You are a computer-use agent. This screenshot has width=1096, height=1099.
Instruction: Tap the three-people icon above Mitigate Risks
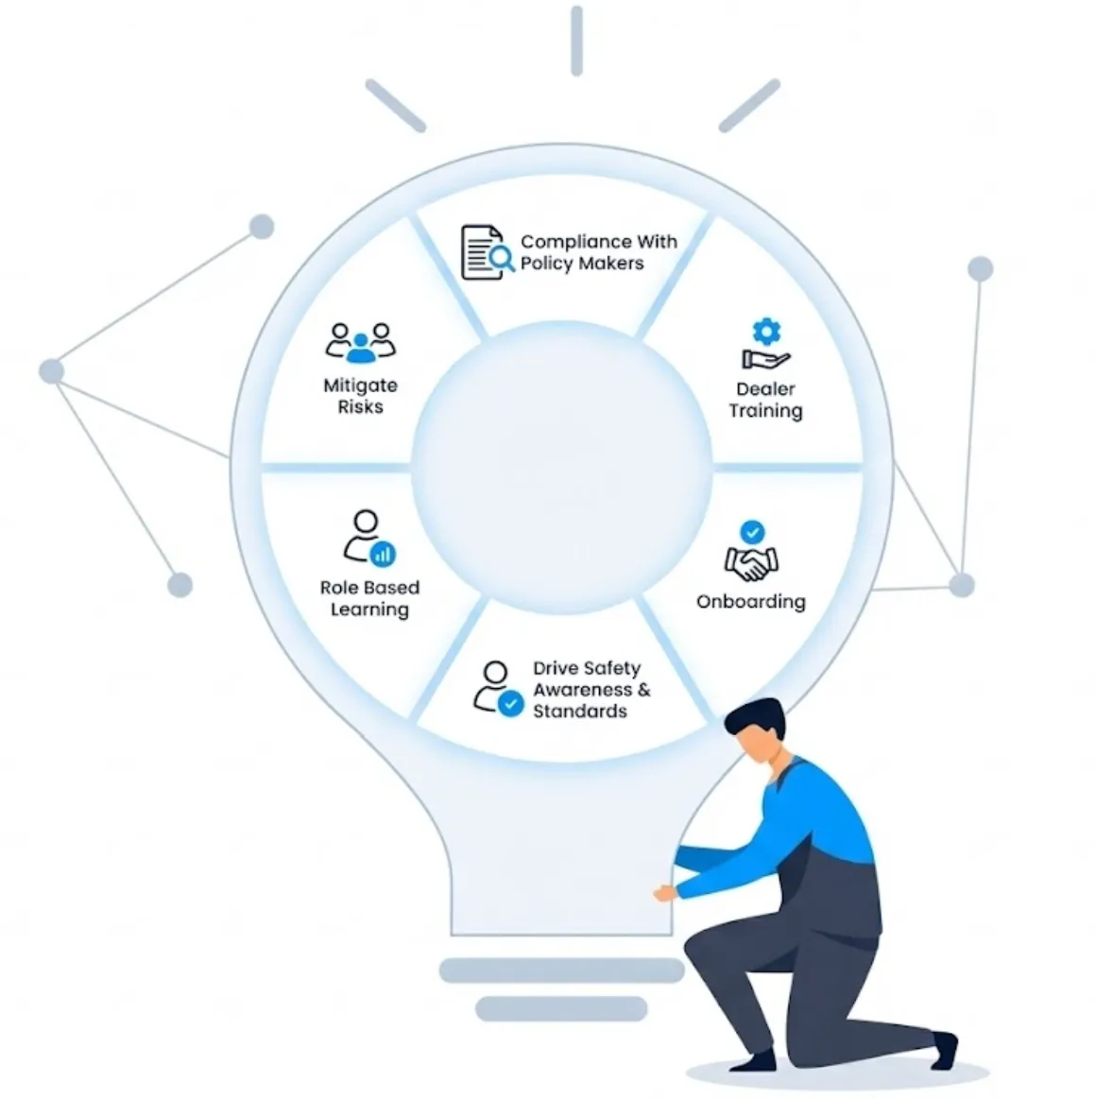360,342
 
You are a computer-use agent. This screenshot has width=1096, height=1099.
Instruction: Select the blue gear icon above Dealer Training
766,331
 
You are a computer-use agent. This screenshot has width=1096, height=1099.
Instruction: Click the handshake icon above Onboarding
751,564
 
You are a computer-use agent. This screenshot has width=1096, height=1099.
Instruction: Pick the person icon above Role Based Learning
367,537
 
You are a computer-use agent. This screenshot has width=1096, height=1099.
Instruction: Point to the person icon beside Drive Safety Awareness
496,686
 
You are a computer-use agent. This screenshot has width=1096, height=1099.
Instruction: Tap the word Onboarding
751,602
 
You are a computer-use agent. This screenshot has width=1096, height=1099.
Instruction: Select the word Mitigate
360,386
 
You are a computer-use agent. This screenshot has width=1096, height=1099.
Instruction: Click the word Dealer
765,389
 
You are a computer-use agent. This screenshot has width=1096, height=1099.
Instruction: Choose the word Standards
579,712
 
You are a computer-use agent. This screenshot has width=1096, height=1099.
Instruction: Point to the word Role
339,588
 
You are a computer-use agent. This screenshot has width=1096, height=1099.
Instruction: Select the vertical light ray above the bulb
576,40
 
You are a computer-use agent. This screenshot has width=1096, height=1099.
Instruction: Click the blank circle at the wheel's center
561,468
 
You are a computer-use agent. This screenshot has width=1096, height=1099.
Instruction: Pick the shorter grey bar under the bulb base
560,1009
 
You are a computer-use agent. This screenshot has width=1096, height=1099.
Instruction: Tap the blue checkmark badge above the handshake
752,531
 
